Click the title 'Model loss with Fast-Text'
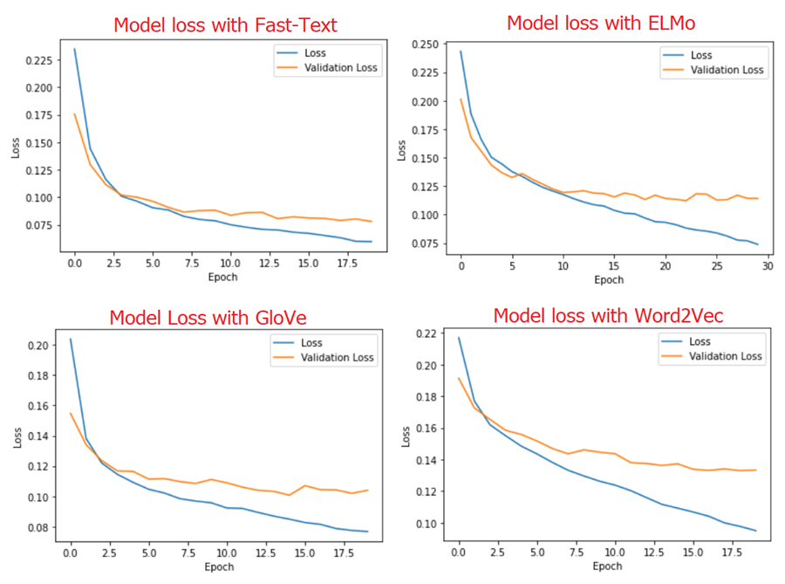224,25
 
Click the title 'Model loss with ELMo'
601,23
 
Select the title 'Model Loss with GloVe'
209,318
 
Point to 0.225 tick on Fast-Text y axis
39,60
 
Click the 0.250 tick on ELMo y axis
425,45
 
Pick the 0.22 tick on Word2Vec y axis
427,334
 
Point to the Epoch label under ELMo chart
609,279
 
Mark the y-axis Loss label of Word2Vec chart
405,436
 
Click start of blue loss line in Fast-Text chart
74,49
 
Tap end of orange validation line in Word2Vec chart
756,470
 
